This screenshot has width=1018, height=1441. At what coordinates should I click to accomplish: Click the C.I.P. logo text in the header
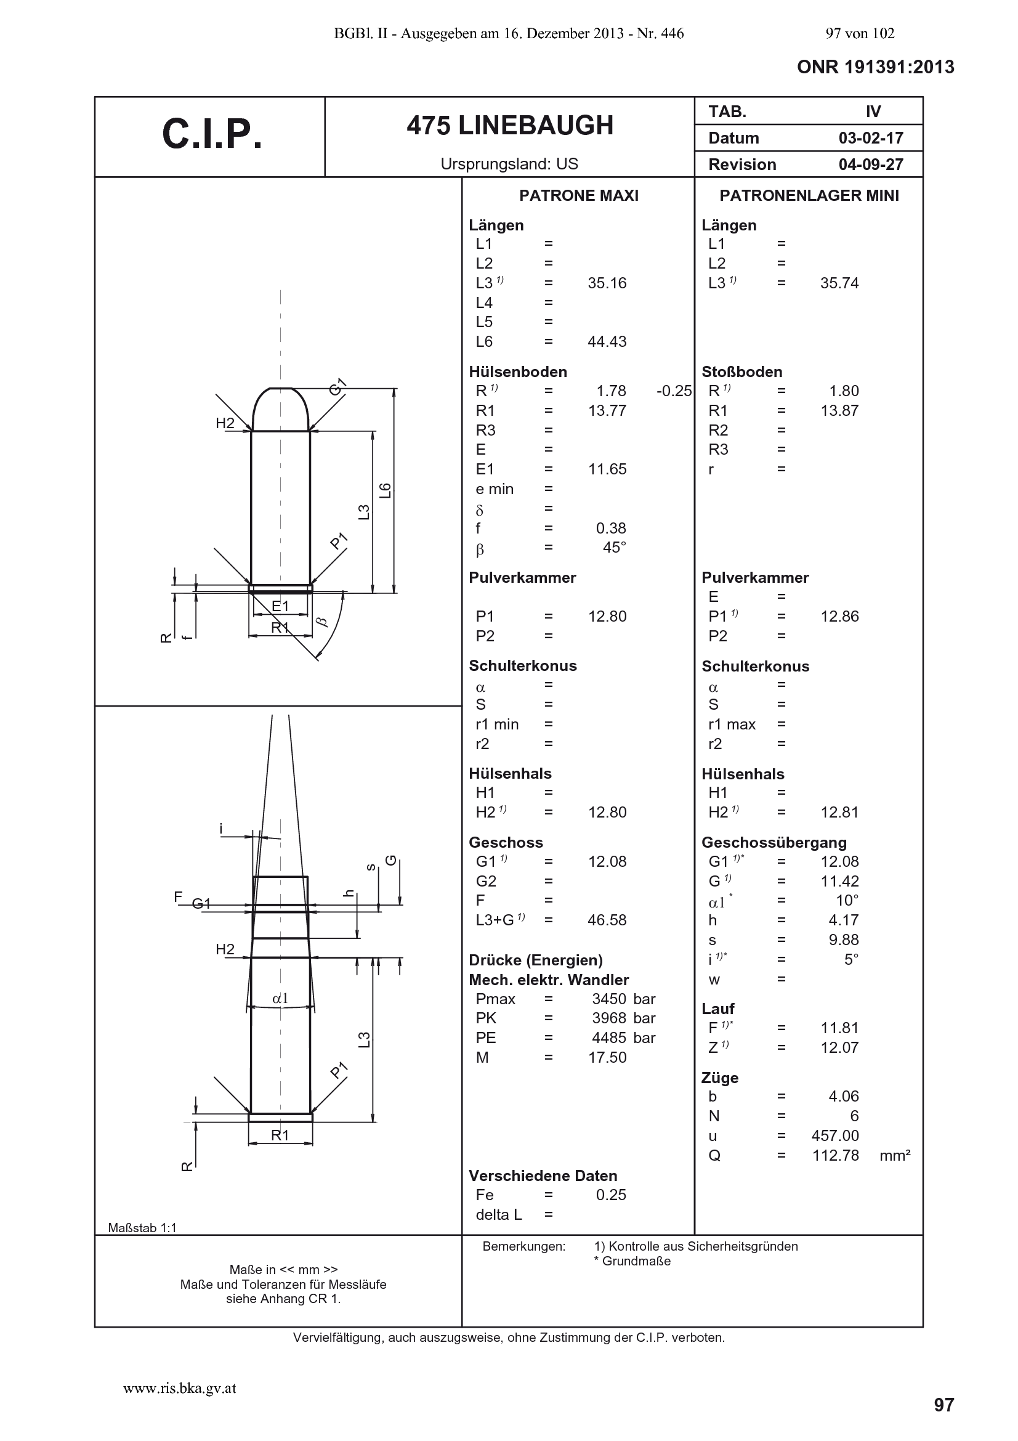coord(212,134)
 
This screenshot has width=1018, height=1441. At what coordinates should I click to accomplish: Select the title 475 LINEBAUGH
coord(510,126)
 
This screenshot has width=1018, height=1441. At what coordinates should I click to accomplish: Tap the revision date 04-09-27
coord(871,164)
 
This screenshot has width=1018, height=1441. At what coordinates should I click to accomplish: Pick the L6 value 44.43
coord(607,341)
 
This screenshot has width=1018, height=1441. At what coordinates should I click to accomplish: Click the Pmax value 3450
coord(609,999)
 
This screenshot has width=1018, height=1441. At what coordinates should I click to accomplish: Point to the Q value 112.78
coord(836,1155)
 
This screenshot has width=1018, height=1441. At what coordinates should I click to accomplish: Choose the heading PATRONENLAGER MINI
coord(809,195)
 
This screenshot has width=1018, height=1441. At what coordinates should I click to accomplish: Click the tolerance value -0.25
coord(674,391)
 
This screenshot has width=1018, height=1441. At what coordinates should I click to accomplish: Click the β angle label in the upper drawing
coord(321,622)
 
